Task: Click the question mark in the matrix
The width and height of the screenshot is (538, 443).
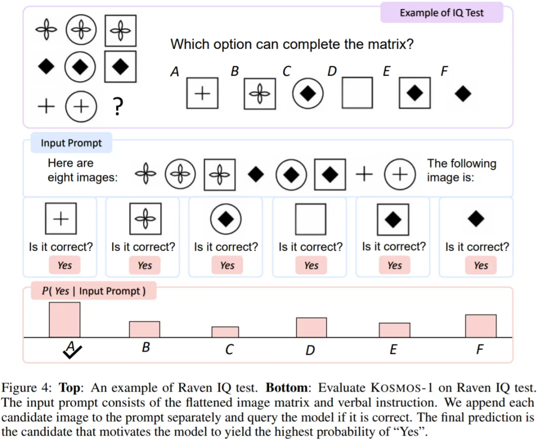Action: click(118, 106)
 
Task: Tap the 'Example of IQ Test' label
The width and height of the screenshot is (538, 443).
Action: click(441, 12)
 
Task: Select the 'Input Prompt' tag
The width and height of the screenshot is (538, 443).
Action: click(71, 143)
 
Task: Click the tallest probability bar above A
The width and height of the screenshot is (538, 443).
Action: click(64, 320)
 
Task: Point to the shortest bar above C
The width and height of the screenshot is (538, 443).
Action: click(225, 332)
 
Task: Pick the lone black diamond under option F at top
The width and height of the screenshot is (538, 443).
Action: click(462, 94)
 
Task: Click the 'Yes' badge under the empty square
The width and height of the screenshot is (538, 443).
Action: click(311, 265)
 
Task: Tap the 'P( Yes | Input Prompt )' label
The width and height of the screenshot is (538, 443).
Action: click(94, 291)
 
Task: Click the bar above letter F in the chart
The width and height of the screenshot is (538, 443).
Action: click(481, 326)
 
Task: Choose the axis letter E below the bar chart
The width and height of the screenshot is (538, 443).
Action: click(393, 350)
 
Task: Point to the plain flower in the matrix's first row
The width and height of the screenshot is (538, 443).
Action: click(46, 29)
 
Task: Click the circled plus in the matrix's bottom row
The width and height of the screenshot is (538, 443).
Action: click(81, 106)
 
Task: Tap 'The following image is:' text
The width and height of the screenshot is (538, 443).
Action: click(461, 170)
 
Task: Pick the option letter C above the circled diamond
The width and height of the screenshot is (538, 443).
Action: click(286, 71)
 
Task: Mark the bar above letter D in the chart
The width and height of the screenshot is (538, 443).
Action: click(311, 328)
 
